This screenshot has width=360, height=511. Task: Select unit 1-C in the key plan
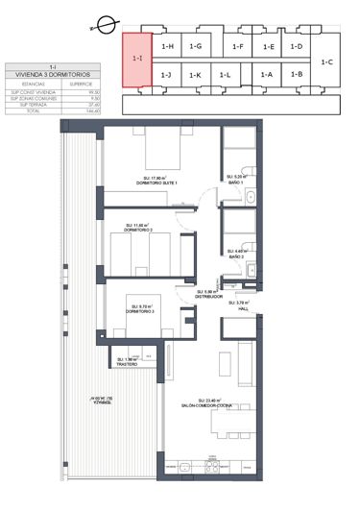[328, 62]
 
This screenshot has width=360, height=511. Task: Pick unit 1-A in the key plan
[267, 75]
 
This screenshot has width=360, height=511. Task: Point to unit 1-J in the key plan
[167, 75]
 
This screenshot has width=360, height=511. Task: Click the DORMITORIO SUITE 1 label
[158, 182]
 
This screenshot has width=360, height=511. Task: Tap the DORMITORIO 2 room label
[140, 231]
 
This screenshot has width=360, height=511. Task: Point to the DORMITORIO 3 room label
[140, 312]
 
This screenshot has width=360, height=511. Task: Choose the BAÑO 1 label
[237, 182]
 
